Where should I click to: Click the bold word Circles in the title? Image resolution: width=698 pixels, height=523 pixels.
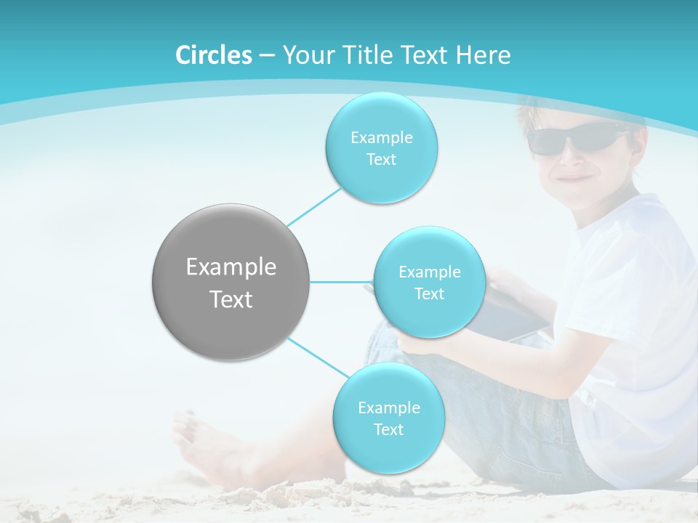[213, 55]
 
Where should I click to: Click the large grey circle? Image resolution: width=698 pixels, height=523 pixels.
[231, 282]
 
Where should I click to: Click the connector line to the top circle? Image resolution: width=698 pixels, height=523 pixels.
[314, 206]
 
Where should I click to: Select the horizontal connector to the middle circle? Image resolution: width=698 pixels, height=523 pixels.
[341, 282]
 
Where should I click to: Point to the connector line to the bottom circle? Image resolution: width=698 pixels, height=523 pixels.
[317, 357]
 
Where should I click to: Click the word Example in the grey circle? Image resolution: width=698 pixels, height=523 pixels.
[231, 267]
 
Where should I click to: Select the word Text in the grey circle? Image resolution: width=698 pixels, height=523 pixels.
[231, 299]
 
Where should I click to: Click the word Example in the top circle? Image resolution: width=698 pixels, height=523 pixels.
[381, 137]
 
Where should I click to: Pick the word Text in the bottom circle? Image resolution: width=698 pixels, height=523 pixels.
[388, 429]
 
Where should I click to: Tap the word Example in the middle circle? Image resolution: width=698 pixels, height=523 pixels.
[429, 272]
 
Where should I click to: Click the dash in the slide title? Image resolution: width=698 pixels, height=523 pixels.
[267, 55]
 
